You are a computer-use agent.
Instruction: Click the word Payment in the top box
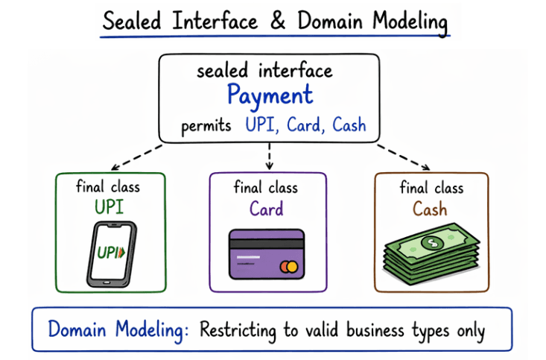tap(270, 96)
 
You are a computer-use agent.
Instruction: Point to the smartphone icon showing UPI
tap(111, 253)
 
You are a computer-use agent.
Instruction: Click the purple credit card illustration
tap(267, 253)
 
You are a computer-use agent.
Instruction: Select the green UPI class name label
tap(110, 206)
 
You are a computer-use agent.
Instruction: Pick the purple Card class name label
tap(267, 208)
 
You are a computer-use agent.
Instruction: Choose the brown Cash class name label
tap(431, 208)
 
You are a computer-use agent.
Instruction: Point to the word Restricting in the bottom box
tap(241, 329)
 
